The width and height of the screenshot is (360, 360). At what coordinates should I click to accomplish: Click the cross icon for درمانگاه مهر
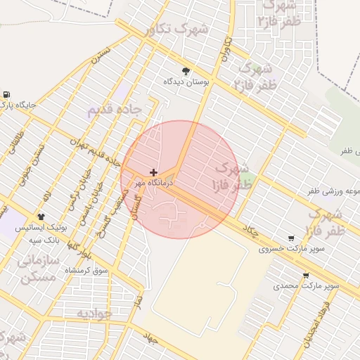coord(153,172)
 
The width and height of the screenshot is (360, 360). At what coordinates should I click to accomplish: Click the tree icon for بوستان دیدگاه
coord(186,70)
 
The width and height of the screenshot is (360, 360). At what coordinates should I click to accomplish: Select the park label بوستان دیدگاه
coord(186,82)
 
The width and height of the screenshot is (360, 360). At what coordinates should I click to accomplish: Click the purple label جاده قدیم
coord(115,110)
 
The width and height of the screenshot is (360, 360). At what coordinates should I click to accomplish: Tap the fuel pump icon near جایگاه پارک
coord(6,94)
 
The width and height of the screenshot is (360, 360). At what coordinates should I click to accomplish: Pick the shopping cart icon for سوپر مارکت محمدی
coord(305,275)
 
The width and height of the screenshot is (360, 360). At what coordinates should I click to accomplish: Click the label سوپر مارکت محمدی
coord(307,286)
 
